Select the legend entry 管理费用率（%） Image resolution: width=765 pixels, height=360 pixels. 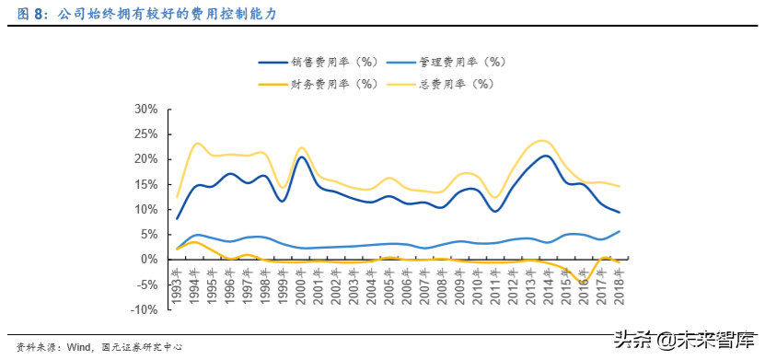click(460, 63)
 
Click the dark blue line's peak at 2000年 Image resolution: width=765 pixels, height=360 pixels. click(301, 157)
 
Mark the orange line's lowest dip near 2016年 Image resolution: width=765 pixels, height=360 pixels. click(582, 281)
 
